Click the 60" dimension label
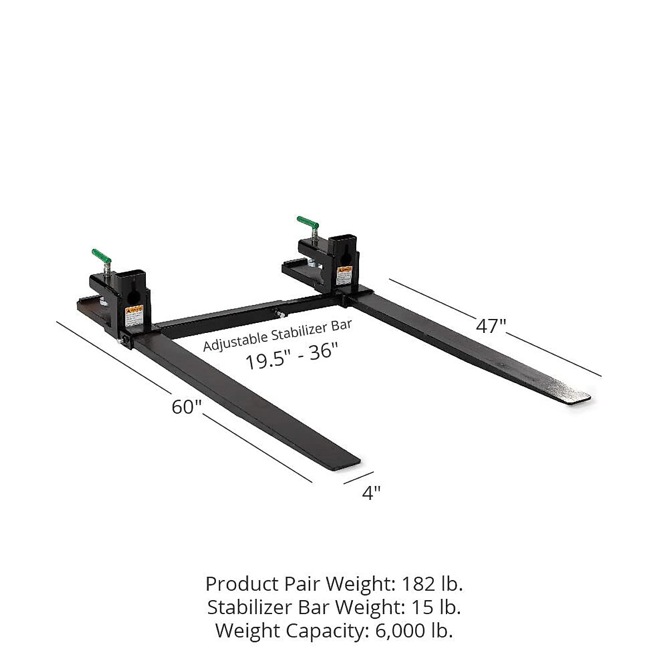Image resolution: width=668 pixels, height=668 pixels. [186, 407]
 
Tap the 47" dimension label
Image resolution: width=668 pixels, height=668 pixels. [490, 326]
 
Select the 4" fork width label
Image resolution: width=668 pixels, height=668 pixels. [371, 492]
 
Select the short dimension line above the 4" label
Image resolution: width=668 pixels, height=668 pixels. [358, 478]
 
